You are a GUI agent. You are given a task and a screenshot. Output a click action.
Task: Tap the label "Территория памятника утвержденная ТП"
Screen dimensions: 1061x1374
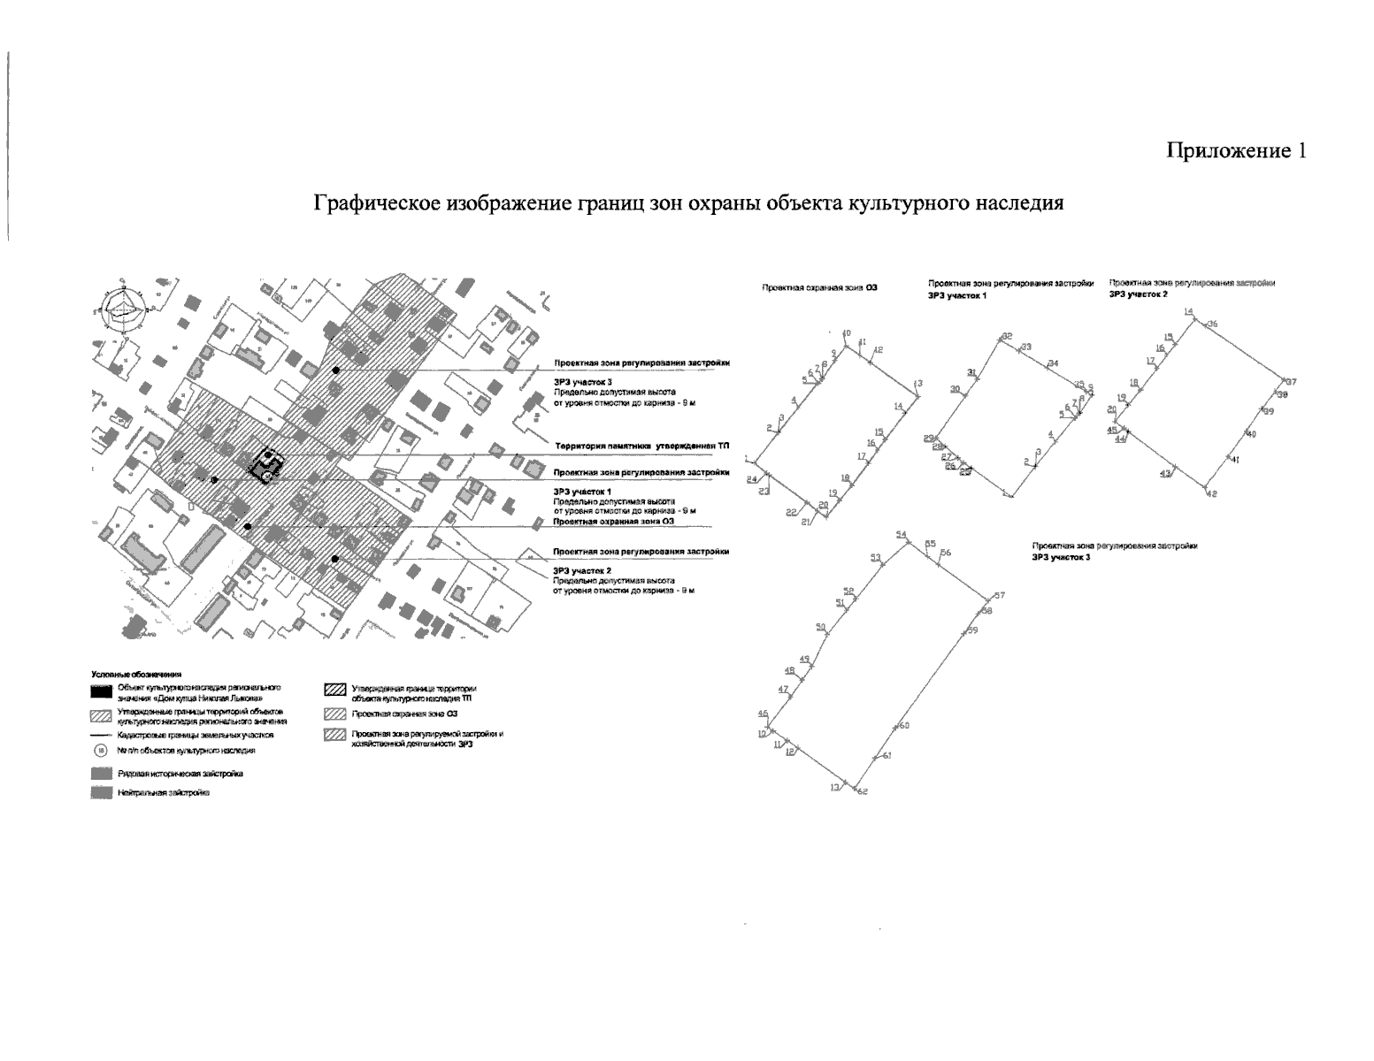point(641,447)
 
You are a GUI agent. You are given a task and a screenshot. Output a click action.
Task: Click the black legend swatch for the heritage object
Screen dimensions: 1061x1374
point(100,690)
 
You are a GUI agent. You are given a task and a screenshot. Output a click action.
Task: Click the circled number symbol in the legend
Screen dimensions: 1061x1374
point(100,751)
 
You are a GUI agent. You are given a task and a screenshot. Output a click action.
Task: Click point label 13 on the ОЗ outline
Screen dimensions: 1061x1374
point(918,383)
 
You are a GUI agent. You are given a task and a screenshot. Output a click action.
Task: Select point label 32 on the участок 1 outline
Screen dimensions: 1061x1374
point(1006,337)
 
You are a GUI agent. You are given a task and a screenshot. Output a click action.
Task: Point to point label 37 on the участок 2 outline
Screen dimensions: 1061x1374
point(1291,382)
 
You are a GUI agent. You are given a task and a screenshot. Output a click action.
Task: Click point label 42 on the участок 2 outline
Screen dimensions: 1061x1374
point(1211,493)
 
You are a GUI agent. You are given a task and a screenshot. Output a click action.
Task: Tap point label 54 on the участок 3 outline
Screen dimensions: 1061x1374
point(902,535)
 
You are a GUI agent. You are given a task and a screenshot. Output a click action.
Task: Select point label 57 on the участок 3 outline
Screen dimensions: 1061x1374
point(1000,596)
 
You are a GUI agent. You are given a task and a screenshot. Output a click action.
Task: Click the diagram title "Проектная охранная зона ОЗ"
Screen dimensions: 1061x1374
point(819,288)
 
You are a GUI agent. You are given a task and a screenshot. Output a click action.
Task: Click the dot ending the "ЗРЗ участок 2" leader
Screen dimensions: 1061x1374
point(335,559)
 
